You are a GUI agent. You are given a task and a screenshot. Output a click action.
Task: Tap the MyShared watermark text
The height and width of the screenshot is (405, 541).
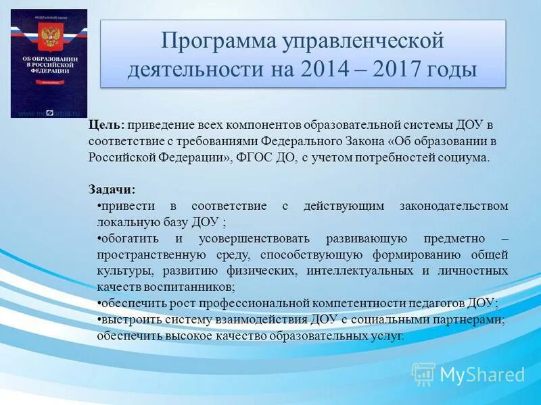tap(482, 375)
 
